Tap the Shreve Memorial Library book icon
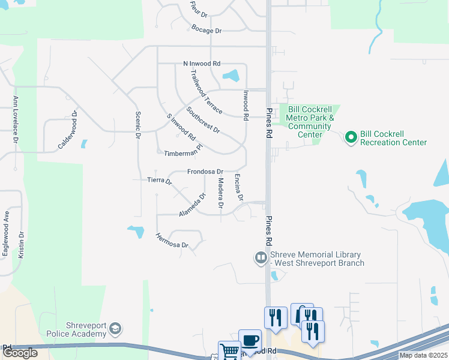coord(261,259)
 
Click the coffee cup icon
coord(249,340)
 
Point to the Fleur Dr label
coord(198,8)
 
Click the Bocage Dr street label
coord(206,30)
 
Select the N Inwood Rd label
coord(202,64)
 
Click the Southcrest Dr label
coord(203,120)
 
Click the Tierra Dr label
coord(160,180)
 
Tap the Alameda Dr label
coord(193,205)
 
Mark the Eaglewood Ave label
coord(6,234)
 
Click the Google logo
coord(20,353)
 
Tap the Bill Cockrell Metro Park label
coord(309,118)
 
